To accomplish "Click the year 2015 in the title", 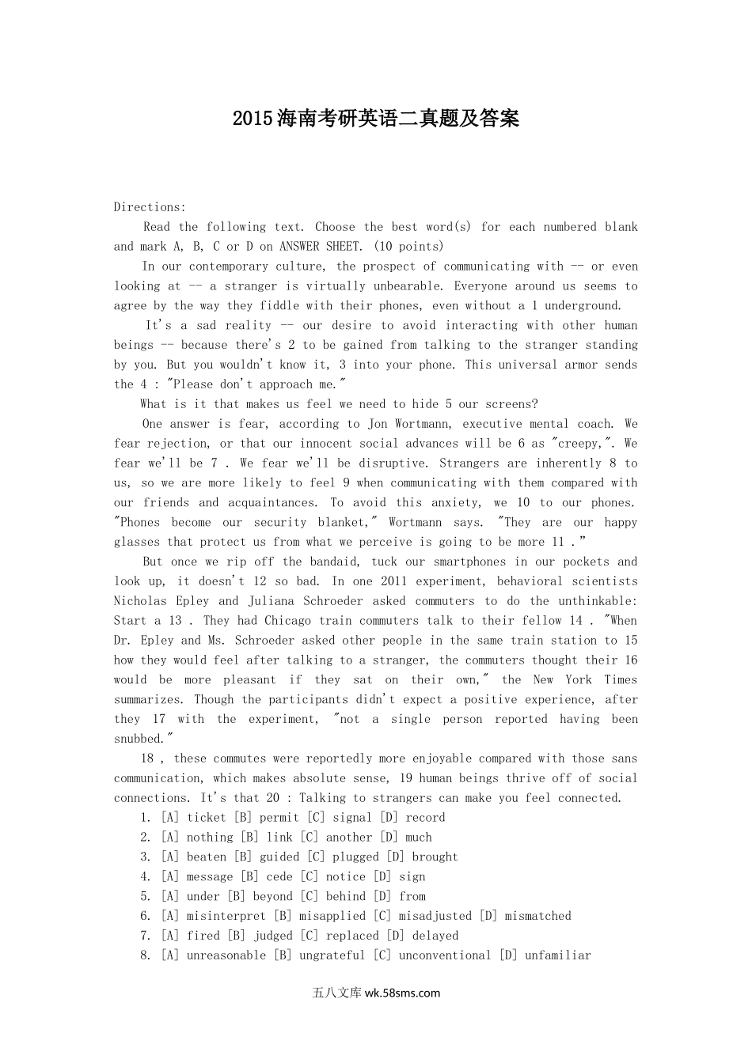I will tap(253, 119).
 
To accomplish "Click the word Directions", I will tap(149, 207).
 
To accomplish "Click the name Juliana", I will tap(276, 600).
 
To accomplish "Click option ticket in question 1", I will tap(207, 817).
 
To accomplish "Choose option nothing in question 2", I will tap(210, 837).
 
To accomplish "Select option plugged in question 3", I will tap(349, 857).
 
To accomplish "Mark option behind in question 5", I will tap(346, 896).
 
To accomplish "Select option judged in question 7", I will tap(272, 936).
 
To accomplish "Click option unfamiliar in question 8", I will tap(558, 955).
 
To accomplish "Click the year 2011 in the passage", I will tap(393, 581).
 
